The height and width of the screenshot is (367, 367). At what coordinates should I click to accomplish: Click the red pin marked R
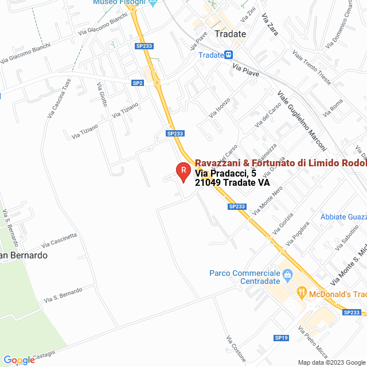[183, 171]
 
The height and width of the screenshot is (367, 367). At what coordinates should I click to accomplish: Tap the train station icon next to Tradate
[229, 55]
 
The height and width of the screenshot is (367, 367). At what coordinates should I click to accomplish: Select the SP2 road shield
[138, 83]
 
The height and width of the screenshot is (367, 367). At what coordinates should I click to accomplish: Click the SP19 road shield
[280, 338]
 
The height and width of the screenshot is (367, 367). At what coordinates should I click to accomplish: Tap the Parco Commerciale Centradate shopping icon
[288, 274]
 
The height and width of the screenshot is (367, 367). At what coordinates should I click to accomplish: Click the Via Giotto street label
[102, 95]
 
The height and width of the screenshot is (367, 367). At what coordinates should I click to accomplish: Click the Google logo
[18, 360]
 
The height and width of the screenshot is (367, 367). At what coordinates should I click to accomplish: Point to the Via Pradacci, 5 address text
[225, 173]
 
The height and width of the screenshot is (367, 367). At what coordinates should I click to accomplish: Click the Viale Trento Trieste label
[312, 68]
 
